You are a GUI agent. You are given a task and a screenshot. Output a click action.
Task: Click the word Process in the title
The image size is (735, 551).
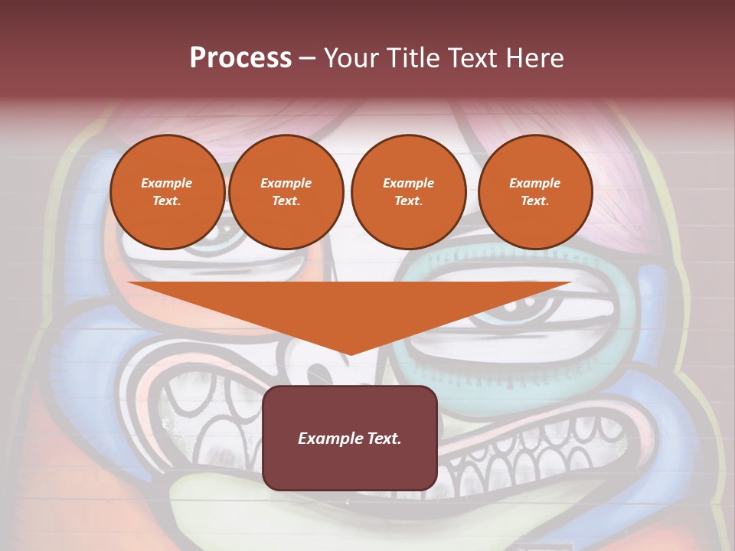(240, 57)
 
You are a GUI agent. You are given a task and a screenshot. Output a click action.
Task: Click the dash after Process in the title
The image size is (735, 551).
(307, 59)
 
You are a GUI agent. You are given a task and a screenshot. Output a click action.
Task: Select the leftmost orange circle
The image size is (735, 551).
(167, 192)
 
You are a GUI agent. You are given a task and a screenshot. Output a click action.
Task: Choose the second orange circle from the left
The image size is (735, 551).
(286, 192)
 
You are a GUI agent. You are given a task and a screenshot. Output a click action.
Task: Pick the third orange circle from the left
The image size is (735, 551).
(408, 192)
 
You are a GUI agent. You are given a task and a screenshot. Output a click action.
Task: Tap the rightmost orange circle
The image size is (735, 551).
(534, 192)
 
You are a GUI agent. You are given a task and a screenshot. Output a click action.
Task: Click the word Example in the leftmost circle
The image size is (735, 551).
(167, 183)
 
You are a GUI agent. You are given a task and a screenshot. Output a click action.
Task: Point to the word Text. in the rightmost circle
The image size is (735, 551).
(534, 201)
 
